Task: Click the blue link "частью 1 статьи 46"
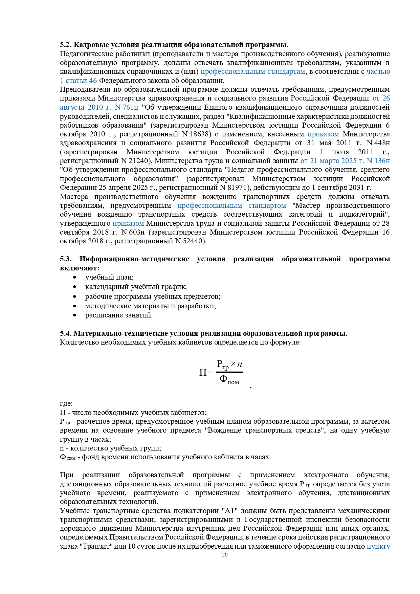[378, 72]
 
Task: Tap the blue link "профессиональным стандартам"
[253, 72]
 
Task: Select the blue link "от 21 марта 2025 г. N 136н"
[345, 161]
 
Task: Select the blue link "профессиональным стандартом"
[231, 206]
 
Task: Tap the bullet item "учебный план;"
[109, 278]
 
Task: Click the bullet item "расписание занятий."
[119, 315]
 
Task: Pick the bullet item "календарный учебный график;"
[136, 287]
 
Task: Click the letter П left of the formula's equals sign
[203, 373]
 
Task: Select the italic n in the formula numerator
[239, 365]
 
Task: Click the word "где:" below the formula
[66, 404]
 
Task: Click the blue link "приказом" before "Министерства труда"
[128, 224]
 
